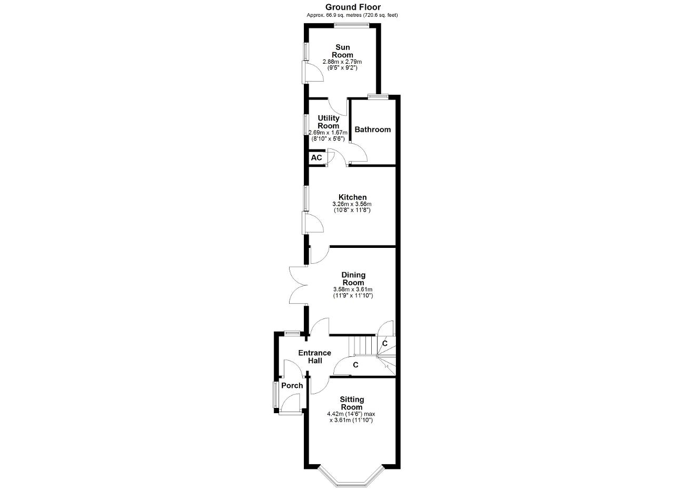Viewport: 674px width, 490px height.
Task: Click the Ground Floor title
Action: (x=353, y=7)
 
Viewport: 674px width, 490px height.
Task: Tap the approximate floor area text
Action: (x=352, y=15)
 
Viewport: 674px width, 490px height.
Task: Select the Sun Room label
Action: (x=342, y=51)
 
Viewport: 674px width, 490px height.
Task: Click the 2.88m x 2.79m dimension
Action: (x=342, y=62)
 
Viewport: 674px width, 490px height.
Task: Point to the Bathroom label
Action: (x=372, y=129)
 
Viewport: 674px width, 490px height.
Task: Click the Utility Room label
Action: (x=328, y=122)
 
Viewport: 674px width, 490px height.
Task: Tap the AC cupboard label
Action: (x=316, y=157)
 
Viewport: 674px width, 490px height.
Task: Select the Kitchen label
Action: (x=353, y=197)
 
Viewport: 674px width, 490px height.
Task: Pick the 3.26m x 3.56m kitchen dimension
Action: (x=352, y=204)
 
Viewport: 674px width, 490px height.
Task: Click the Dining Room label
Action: (x=353, y=279)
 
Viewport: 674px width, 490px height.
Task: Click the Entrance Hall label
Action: (x=315, y=357)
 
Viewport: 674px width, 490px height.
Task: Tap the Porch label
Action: (x=292, y=386)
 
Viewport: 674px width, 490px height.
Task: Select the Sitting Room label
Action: (x=352, y=403)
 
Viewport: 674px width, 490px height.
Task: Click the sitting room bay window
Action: (x=352, y=484)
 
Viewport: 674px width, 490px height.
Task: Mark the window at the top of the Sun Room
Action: (x=351, y=26)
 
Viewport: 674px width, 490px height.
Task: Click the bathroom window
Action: (x=378, y=96)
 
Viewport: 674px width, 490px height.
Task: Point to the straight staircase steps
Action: (x=363, y=346)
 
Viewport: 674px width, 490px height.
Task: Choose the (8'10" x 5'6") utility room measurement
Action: (x=328, y=139)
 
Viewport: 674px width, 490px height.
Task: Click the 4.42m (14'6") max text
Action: (x=351, y=414)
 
